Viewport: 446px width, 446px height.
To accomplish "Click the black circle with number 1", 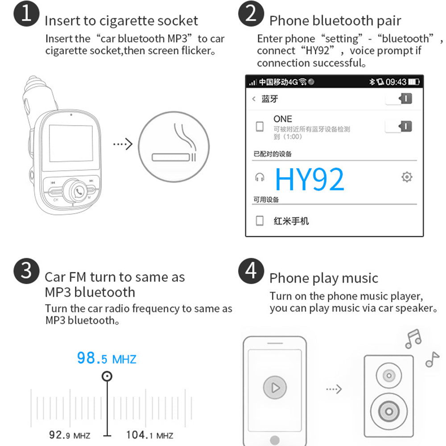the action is coord(26,13).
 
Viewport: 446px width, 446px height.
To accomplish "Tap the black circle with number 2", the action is coord(251,13).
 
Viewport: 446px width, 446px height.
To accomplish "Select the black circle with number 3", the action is coord(26,271).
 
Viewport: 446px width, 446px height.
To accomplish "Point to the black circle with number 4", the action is coord(251,271).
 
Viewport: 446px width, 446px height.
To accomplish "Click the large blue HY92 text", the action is coord(310,179).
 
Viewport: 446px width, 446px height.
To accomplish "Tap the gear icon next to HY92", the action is coord(407,177).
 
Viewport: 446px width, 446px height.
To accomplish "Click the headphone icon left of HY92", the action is coord(260,177).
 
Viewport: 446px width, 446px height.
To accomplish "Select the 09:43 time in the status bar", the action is coord(396,82).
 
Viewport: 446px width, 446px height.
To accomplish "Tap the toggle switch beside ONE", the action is coord(398,126).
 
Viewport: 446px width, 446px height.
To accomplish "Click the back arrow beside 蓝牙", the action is coord(254,99).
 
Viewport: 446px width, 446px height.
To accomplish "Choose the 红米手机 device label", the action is coord(291,221).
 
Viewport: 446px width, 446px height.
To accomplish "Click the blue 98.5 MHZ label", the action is coord(107,358).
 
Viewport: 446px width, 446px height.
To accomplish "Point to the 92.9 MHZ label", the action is coord(70,435).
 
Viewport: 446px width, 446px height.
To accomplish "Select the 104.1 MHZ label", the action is coord(149,435).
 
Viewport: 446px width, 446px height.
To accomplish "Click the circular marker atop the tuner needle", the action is coord(107,376).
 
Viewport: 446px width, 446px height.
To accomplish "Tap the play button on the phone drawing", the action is coord(275,388).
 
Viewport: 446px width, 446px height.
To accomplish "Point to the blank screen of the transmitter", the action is coord(71,143).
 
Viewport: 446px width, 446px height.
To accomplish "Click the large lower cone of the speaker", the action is coord(389,411).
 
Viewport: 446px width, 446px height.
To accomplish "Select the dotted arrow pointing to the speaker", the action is coord(334,389).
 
